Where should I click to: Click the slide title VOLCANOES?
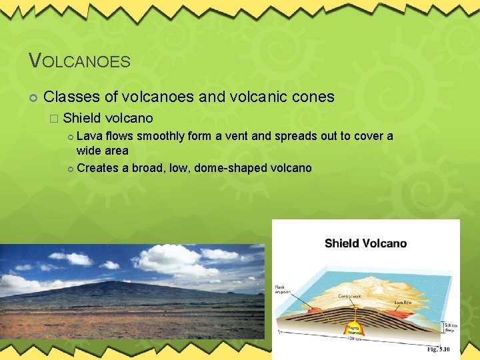pos(79,61)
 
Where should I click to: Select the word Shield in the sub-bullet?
pos(82,119)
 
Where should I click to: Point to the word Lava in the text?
pos(89,137)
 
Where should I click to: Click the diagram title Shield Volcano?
pos(365,243)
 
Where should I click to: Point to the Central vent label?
pos(350,295)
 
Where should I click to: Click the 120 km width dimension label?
pos(357,339)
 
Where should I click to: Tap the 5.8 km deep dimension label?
pos(451,327)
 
